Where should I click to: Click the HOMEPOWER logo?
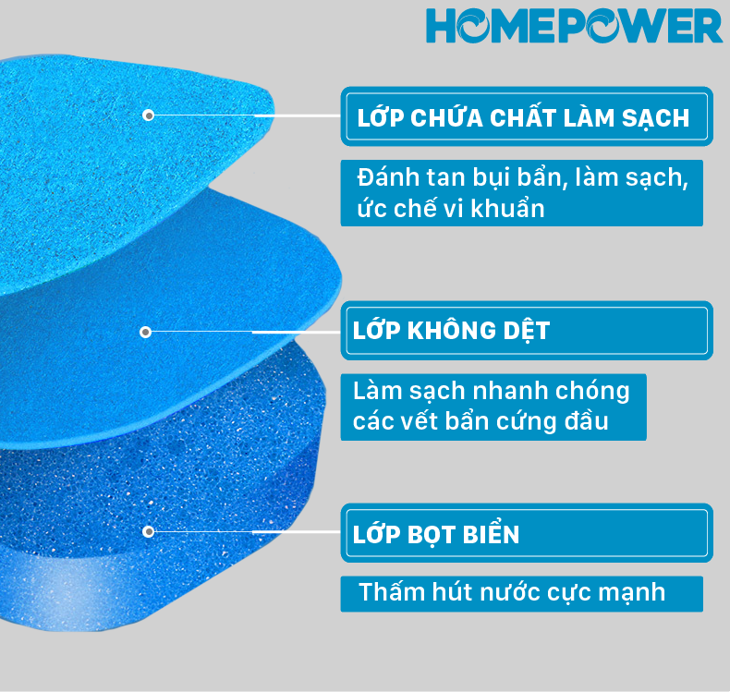[574, 26]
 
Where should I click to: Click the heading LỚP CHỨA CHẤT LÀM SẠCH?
[523, 117]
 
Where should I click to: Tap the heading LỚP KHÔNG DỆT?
[451, 331]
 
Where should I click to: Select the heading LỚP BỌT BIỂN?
[436, 534]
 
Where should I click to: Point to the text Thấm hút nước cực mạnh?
[512, 592]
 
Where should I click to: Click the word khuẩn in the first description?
[507, 208]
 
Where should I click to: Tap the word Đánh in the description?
[388, 176]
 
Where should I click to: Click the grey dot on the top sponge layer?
[148, 115]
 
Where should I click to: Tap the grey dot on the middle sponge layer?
[146, 332]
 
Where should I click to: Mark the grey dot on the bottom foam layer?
[148, 531]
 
